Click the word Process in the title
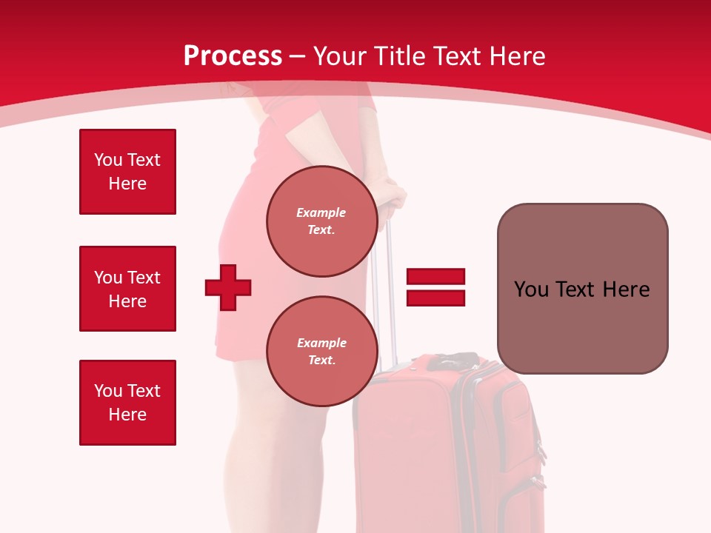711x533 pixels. coord(233,56)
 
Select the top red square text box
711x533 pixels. coord(127,172)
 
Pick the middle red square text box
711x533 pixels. coord(127,289)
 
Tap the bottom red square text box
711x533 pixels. coord(127,403)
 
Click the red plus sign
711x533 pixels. coord(228,287)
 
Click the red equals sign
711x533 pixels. coord(435,287)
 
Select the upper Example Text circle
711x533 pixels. coord(321,221)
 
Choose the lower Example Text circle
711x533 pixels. coord(321,352)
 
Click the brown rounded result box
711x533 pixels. coord(582,289)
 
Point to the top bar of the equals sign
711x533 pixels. coord(435,277)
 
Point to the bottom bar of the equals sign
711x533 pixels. coord(435,298)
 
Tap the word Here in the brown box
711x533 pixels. coord(626,289)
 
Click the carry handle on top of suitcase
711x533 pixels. coord(452,361)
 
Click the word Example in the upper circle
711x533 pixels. coord(321,212)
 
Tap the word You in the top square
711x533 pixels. coord(107,160)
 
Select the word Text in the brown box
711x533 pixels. coord(575,289)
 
